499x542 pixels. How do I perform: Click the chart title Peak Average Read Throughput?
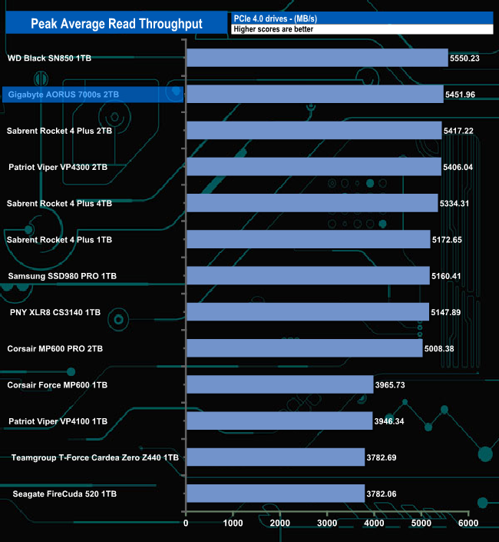click(116, 24)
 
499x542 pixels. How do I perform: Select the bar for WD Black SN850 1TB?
click(316, 58)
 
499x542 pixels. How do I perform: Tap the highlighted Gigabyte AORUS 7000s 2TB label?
click(64, 94)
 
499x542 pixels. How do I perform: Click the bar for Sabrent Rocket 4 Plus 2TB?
click(313, 131)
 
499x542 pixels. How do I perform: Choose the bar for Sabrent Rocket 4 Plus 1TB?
click(308, 239)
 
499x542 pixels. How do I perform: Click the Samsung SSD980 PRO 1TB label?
click(62, 275)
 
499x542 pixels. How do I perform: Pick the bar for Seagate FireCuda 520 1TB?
click(275, 493)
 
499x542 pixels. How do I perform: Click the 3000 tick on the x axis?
click(327, 523)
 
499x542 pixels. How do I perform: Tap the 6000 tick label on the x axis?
click(468, 523)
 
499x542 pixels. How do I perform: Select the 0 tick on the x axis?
click(186, 523)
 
